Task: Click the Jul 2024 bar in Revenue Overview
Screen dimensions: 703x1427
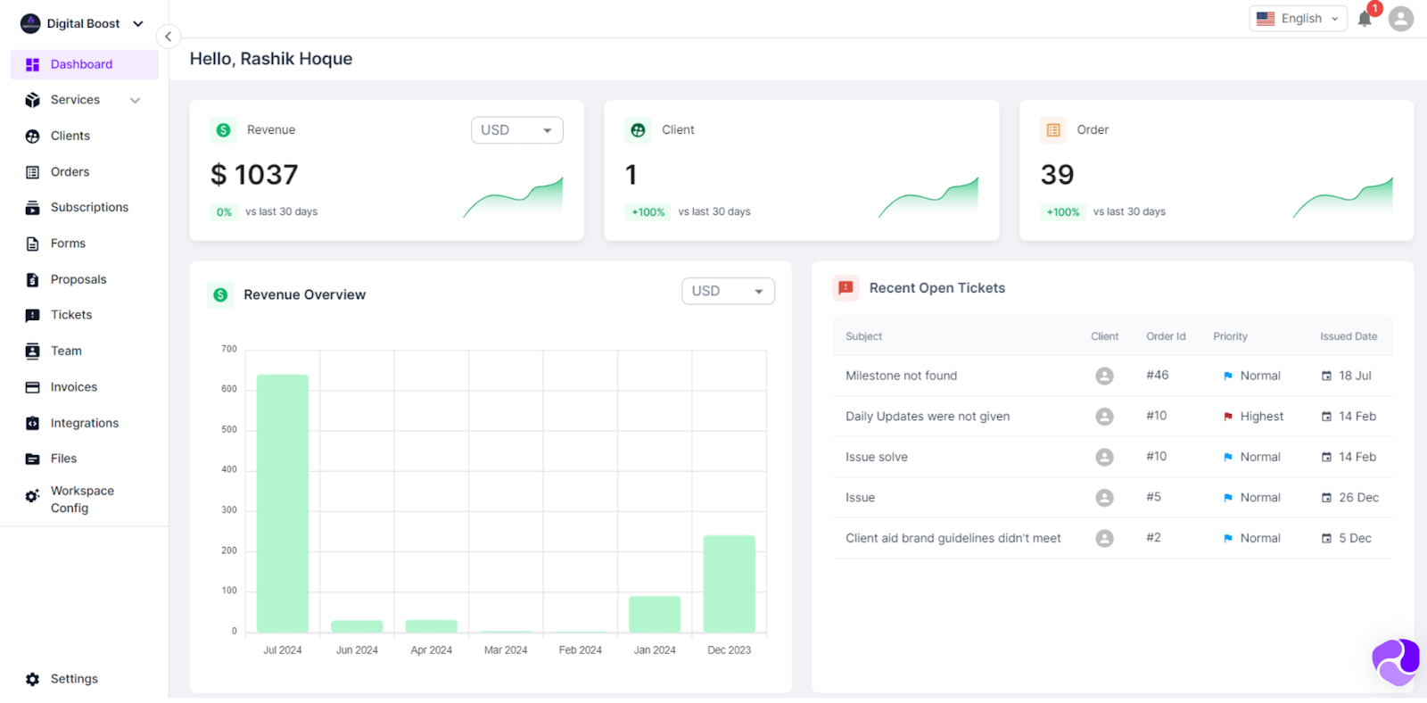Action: (x=283, y=503)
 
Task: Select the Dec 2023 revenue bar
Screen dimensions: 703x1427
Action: (x=729, y=583)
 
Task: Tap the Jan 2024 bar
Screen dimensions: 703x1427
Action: (x=655, y=614)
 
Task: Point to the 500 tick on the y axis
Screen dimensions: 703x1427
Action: (x=229, y=429)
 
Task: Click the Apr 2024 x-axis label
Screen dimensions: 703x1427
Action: (x=431, y=650)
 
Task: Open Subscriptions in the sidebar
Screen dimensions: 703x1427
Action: (x=89, y=207)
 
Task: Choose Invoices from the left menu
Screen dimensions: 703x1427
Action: (x=73, y=387)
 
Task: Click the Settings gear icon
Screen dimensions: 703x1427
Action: (x=33, y=679)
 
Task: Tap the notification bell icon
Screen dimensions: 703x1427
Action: (x=1365, y=19)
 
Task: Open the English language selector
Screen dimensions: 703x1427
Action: (x=1299, y=19)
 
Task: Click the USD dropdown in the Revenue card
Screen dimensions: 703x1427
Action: (x=516, y=130)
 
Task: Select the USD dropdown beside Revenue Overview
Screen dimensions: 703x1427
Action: (x=728, y=291)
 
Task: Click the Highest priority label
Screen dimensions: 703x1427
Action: (x=1261, y=417)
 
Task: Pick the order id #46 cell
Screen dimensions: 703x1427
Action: (x=1158, y=376)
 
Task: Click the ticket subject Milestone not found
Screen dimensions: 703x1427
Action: (x=901, y=376)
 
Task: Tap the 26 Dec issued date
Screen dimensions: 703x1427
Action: (x=1358, y=498)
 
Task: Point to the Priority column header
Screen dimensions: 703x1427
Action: (x=1230, y=336)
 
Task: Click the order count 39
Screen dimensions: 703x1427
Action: (x=1057, y=175)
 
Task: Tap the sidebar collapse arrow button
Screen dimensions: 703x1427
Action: (x=168, y=37)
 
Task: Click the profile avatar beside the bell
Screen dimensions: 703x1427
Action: (x=1401, y=19)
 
